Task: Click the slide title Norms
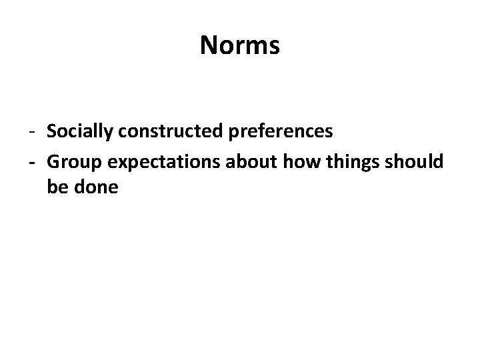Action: (240, 45)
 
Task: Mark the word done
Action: (95, 188)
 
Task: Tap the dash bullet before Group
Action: (33, 162)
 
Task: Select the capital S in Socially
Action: (52, 132)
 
